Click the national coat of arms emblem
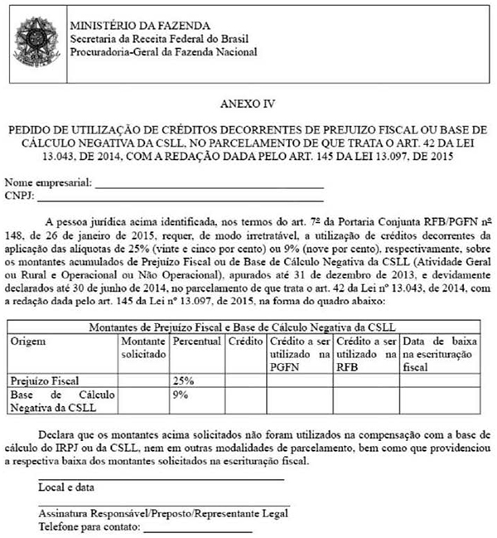35,38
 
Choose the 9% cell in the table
181,395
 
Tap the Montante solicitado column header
143,347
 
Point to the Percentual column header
196,341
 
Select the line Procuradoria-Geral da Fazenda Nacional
163,52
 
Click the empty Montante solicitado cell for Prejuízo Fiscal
143,380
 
